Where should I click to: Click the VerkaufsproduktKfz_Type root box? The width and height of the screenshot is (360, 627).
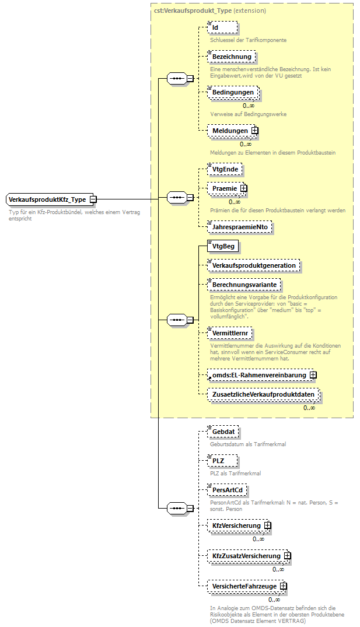coord(47,199)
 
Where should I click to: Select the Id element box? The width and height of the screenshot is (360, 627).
coord(222,27)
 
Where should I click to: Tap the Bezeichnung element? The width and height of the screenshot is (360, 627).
coord(231,57)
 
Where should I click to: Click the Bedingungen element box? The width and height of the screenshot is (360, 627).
coord(233,92)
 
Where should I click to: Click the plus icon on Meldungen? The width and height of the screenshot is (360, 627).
coord(254,131)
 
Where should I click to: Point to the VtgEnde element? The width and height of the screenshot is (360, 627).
coord(225,169)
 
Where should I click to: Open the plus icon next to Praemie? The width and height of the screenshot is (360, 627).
coord(243,188)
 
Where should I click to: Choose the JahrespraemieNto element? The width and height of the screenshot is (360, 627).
coord(240,226)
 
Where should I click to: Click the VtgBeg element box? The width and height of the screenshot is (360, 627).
coord(222,246)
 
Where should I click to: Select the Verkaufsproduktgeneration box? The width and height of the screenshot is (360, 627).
coord(253,265)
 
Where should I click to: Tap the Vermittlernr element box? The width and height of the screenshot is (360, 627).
coord(231,332)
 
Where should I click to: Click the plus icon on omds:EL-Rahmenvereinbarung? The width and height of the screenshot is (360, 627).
coord(313,375)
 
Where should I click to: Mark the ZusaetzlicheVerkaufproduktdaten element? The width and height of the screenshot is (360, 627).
coord(263,394)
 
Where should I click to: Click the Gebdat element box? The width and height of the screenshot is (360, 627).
coord(223,432)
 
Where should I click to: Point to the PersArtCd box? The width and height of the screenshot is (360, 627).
coord(227,489)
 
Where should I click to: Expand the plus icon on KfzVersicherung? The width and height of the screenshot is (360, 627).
coord(267,526)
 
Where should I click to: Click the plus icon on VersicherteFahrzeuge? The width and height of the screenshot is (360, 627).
coord(283,586)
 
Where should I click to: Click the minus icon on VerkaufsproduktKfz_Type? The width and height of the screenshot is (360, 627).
coord(93,199)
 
